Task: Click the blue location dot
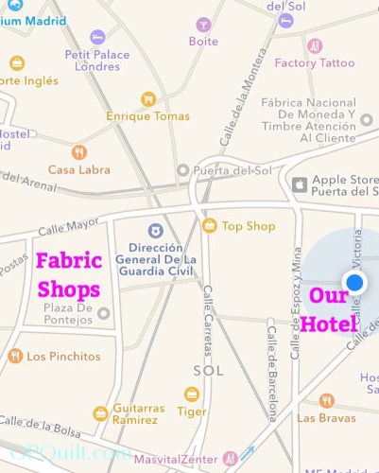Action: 355,282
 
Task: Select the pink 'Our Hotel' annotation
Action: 329,310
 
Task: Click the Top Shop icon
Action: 210,225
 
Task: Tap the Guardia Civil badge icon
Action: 154,230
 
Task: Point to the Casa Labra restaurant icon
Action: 79,151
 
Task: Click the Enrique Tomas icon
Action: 147,98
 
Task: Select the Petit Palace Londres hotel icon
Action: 97,37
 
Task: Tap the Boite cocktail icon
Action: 202,25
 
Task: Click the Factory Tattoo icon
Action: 316,45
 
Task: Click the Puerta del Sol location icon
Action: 183,170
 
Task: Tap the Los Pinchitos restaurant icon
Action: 14,357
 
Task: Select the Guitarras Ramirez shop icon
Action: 100,413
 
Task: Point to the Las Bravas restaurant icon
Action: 326,400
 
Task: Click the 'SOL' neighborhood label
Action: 207,370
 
